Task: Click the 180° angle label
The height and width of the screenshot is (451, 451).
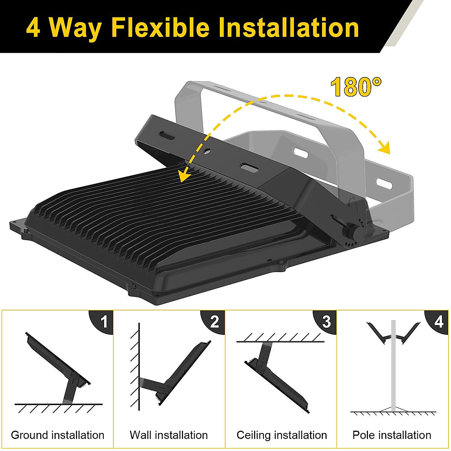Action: point(356,87)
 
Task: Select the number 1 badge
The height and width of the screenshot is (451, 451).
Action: point(104,322)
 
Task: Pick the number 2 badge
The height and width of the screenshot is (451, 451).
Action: point(215,322)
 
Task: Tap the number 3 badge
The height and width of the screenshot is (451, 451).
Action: point(326,322)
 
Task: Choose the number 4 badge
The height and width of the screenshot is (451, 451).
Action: point(439,322)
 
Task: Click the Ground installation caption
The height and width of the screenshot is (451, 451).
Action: point(58,435)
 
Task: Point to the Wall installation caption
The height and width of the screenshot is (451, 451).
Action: point(169,435)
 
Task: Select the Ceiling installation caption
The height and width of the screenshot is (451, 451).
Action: point(281,435)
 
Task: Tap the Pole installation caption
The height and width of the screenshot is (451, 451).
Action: point(392,435)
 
